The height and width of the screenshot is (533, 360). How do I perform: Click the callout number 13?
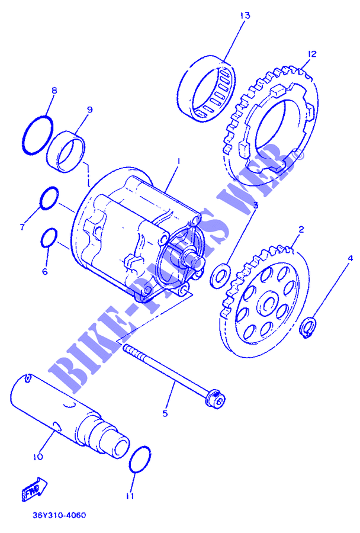point(245,15)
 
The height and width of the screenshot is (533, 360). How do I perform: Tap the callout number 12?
point(311,54)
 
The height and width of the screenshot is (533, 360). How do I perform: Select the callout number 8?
point(54,91)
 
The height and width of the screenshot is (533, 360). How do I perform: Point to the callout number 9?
point(89,110)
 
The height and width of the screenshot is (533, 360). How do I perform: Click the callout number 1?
point(178,161)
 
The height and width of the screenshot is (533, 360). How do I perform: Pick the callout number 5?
point(165,413)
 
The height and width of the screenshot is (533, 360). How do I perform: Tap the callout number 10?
point(38,457)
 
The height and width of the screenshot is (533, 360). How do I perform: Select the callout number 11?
point(130,496)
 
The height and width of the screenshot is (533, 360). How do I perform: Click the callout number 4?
point(350,259)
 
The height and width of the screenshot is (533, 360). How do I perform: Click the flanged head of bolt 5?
point(215,398)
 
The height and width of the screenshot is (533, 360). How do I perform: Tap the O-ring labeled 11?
point(130,460)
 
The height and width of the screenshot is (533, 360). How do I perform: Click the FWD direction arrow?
point(34,489)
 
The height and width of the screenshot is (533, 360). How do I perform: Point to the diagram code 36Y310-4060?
point(59,515)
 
